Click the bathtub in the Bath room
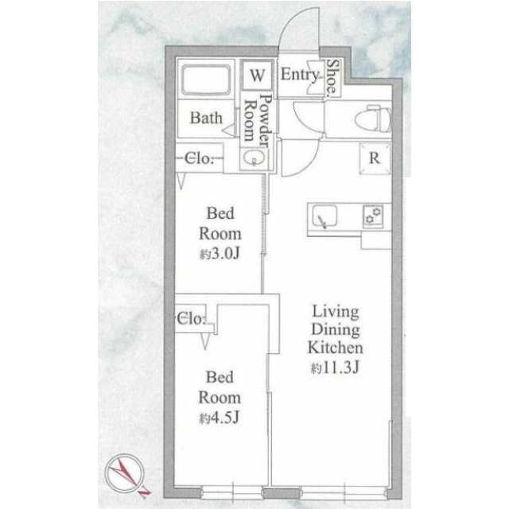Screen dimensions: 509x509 click(206, 80)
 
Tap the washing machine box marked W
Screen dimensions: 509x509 click(257, 76)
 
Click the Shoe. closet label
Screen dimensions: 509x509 click(333, 78)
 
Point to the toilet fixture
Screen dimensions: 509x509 click(373, 119)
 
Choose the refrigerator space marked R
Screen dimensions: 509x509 click(375, 158)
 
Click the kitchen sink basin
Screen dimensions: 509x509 click(324, 216)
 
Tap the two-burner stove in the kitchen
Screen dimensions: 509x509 click(373, 216)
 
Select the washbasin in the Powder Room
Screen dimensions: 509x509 click(254, 158)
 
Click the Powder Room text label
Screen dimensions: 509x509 click(258, 120)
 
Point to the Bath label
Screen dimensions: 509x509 click(206, 118)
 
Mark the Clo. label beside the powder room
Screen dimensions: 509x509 click(200, 159)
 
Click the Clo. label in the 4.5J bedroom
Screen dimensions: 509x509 click(192, 319)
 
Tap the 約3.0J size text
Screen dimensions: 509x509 click(220, 254)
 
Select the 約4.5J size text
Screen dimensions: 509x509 click(220, 418)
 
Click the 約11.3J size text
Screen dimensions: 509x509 click(335, 367)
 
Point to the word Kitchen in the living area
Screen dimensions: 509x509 click(336, 348)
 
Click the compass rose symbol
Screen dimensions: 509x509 click(125, 473)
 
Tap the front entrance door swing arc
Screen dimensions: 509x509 click(292, 23)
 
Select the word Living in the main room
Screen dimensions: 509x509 click(336, 313)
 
